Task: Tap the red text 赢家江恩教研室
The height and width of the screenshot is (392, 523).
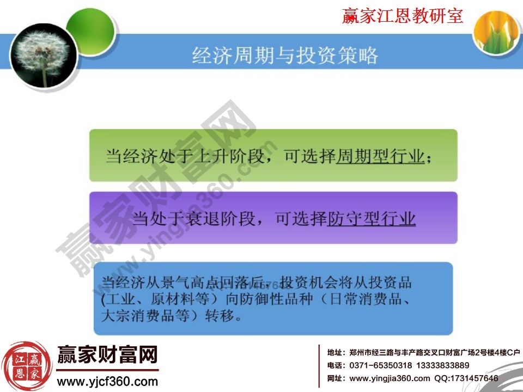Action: pos(403,16)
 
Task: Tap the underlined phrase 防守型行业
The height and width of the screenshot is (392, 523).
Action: pos(372,219)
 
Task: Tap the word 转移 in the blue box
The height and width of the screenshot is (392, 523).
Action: pos(221,315)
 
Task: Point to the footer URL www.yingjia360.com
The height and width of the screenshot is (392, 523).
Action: pos(389,378)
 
